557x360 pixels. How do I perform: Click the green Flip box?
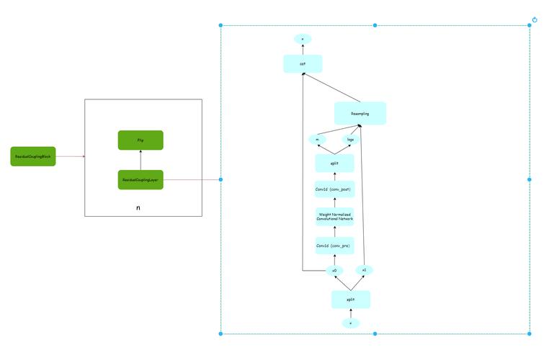coord(141,140)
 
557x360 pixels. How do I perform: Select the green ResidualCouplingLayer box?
coord(141,179)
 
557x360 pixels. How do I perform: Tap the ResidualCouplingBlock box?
coord(33,156)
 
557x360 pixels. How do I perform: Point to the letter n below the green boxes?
coord(138,207)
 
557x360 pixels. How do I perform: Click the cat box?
coord(302,64)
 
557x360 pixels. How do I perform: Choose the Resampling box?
coord(360,113)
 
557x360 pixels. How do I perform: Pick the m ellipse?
coord(316,139)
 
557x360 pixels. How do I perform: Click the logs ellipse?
coord(351,139)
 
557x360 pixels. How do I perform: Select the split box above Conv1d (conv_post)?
coord(334,163)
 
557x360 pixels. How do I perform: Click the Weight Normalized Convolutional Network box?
coord(334,216)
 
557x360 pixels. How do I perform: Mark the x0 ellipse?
coord(334,271)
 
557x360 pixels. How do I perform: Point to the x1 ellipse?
coord(365,270)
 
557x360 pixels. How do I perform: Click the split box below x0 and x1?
coord(350,299)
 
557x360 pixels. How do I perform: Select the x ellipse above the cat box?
coord(302,38)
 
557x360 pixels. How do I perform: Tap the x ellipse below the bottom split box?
coord(350,323)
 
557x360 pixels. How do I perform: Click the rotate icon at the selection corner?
coord(535,19)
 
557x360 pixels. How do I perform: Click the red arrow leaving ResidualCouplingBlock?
coord(70,156)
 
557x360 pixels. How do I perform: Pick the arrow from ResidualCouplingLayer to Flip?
coord(141,160)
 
